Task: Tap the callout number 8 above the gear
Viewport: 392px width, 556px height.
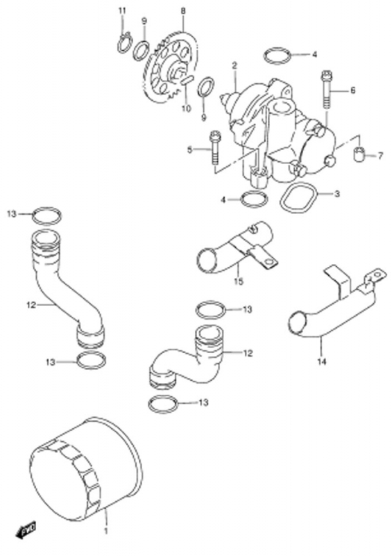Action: click(182, 11)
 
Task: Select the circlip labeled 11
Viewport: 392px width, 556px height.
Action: click(123, 43)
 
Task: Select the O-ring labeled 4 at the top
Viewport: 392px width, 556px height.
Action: click(278, 56)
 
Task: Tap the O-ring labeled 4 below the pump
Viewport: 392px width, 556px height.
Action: click(253, 199)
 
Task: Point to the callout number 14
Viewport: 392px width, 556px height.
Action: click(322, 362)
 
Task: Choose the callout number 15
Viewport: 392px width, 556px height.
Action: click(239, 281)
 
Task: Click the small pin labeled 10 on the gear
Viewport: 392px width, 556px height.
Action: click(186, 79)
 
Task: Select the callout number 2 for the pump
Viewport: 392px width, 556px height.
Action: click(234, 65)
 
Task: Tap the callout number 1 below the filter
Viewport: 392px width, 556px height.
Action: click(105, 541)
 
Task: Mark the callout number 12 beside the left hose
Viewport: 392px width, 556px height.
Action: click(31, 304)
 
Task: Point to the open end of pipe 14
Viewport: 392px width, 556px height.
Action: click(298, 322)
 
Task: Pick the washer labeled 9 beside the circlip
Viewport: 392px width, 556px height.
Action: click(141, 50)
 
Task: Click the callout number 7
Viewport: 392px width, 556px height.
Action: click(380, 155)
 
